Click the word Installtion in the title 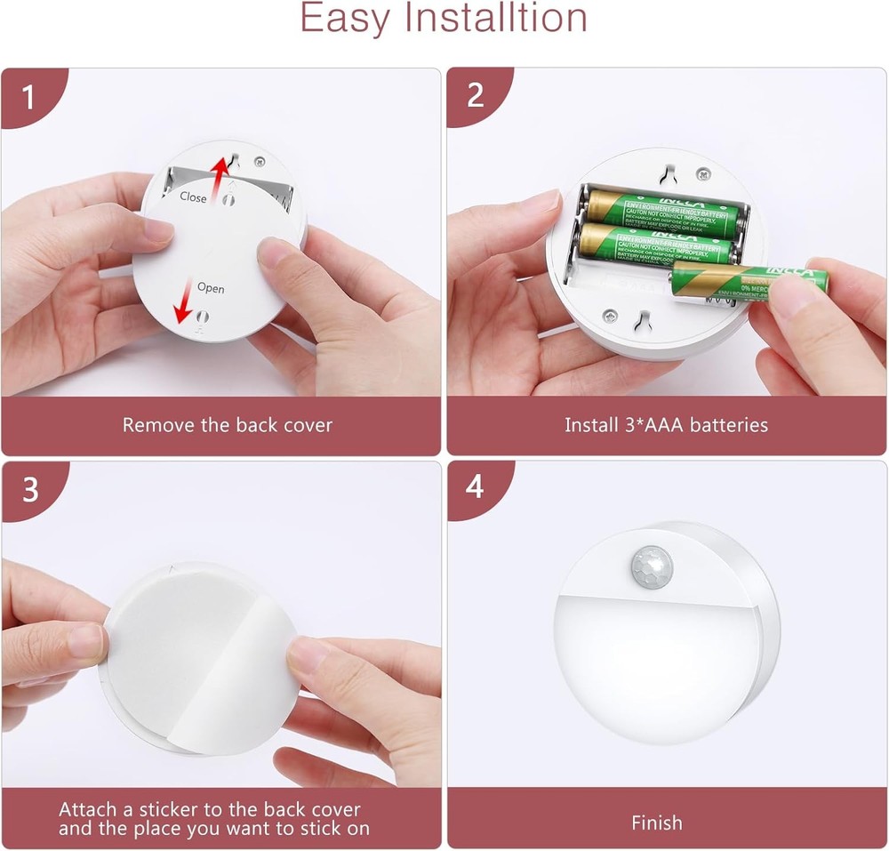[x=487, y=18]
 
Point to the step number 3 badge [x=29, y=489]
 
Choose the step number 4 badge [x=476, y=489]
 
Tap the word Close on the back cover [x=193, y=197]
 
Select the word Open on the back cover [x=211, y=288]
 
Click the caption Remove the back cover [x=227, y=425]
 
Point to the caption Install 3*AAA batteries [x=666, y=425]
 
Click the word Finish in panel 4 [x=656, y=823]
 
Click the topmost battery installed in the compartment [x=662, y=212]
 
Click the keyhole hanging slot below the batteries [x=645, y=317]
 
